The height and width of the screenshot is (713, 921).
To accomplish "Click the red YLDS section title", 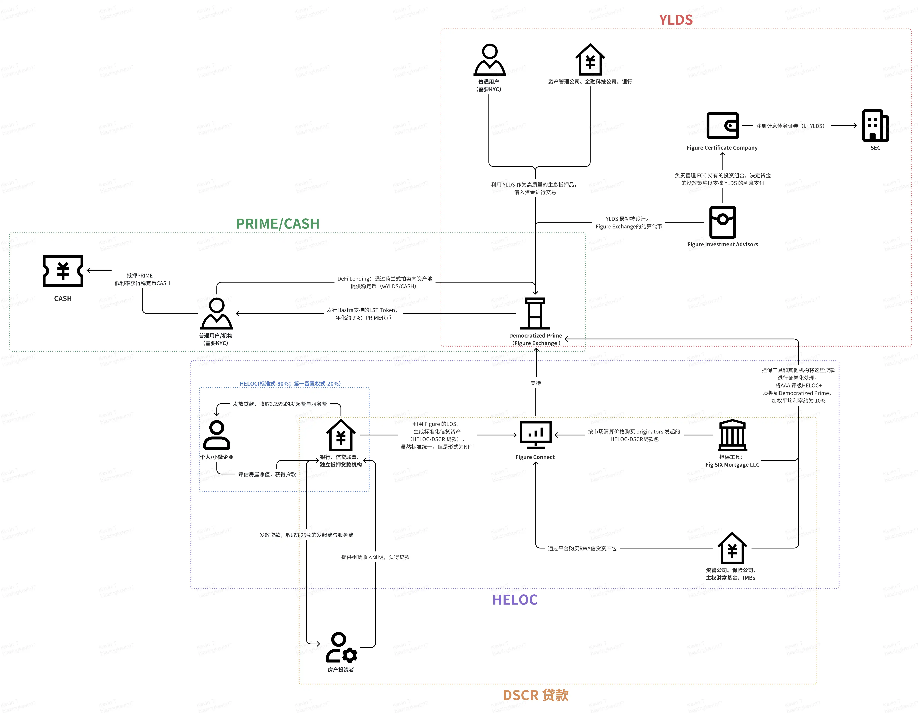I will [x=676, y=20].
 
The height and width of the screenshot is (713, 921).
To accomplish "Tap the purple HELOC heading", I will [x=514, y=600].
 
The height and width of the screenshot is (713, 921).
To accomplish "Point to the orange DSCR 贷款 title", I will [x=536, y=695].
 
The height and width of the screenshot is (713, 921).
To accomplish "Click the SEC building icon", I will [x=875, y=126].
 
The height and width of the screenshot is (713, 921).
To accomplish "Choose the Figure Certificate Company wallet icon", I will [x=722, y=126].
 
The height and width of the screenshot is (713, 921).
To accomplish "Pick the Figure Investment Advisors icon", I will [x=722, y=222].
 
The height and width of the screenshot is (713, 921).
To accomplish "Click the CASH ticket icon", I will [x=63, y=271].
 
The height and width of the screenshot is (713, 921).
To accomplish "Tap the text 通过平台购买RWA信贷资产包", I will [x=582, y=548].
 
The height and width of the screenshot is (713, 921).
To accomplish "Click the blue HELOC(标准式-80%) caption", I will [x=290, y=384].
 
